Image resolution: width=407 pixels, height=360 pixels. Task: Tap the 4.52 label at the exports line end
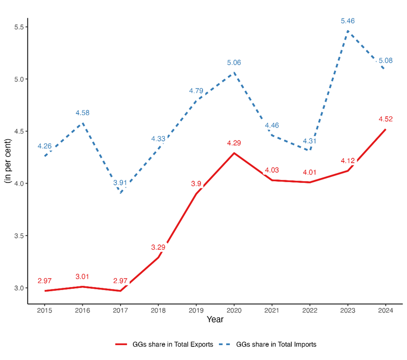pos(386,119)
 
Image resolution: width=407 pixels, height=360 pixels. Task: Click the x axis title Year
pos(215,320)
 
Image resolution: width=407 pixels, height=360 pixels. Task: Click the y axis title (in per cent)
pos(8,162)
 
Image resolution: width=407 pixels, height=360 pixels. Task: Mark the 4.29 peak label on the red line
pos(234,143)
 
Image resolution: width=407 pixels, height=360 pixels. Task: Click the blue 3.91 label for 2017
pos(120,183)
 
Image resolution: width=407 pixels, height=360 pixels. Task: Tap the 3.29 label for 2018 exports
pos(158,247)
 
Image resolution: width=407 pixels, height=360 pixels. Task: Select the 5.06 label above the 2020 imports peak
pos(234,63)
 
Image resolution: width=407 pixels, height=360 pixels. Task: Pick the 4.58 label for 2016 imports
pos(82,113)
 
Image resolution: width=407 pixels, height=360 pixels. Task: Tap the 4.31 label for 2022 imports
pos(310,141)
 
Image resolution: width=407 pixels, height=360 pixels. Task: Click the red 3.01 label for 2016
pos(82,277)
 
